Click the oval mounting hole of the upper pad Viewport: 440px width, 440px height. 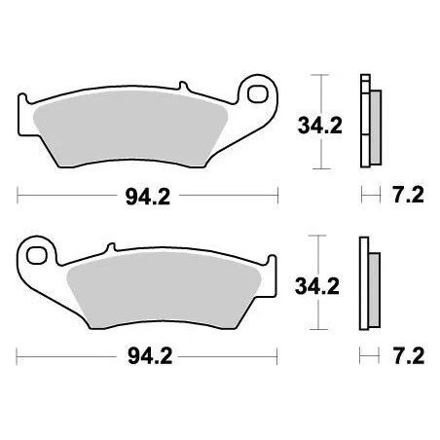(258, 95)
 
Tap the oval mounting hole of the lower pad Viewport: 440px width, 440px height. (39, 257)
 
